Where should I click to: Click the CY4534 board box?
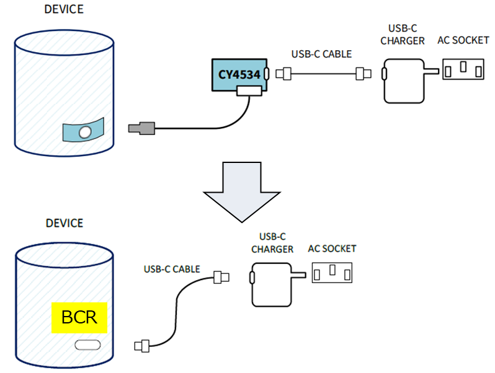pyautogui.click(x=239, y=74)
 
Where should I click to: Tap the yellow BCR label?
pyautogui.click(x=79, y=317)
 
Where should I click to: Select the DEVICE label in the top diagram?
pyautogui.click(x=64, y=9)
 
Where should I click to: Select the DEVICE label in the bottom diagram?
pyautogui.click(x=64, y=223)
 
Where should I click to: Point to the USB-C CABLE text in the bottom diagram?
pyautogui.click(x=172, y=269)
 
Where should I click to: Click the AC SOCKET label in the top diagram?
pyautogui.click(x=463, y=40)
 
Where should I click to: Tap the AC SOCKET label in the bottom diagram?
pyautogui.click(x=332, y=248)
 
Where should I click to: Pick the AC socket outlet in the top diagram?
pyautogui.click(x=463, y=69)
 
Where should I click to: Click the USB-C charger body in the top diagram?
pyautogui.click(x=403, y=81)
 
